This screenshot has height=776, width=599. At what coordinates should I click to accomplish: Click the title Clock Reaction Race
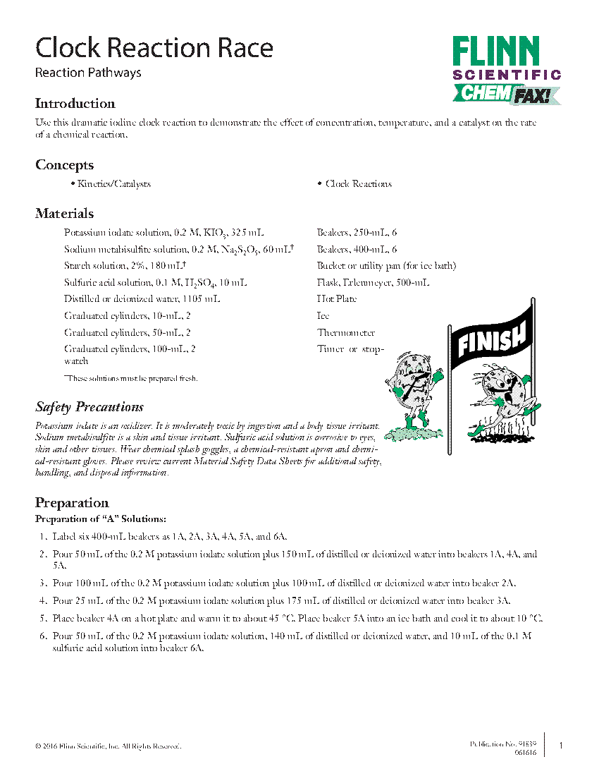[154, 48]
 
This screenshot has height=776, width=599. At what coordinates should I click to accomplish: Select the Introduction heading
[75, 104]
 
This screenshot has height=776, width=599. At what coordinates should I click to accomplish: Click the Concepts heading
[64, 165]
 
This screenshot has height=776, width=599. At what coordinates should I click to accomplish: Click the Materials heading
[64, 214]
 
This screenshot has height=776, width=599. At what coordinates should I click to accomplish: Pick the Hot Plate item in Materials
[337, 299]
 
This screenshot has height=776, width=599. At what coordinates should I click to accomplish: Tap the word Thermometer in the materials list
[345, 333]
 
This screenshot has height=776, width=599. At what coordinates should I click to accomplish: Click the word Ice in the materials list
[323, 316]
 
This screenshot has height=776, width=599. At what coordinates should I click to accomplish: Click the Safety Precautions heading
[89, 407]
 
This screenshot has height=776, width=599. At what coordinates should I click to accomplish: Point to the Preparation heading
[72, 503]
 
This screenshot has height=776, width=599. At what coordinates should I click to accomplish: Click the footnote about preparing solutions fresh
[130, 379]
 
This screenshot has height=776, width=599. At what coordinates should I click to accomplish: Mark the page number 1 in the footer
[561, 746]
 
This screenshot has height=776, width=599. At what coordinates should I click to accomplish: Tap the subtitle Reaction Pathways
[88, 73]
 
